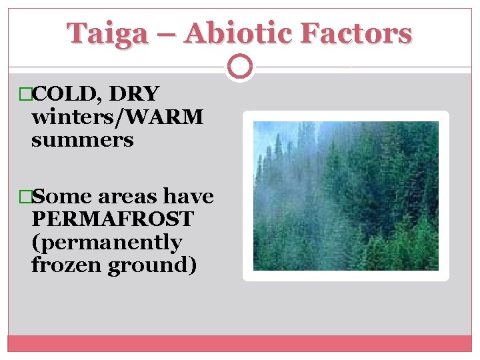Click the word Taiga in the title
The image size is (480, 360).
pos(107,33)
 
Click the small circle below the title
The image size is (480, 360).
pos(240,67)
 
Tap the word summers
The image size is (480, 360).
pos(82,140)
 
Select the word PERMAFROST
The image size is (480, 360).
pos(112,219)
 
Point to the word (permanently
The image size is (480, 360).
pos(106,242)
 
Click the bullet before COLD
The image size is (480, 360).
pos(26,95)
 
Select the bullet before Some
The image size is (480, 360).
pos(26,197)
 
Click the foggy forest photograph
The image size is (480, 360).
pos(345,195)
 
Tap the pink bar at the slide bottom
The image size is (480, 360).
pos(240,343)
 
